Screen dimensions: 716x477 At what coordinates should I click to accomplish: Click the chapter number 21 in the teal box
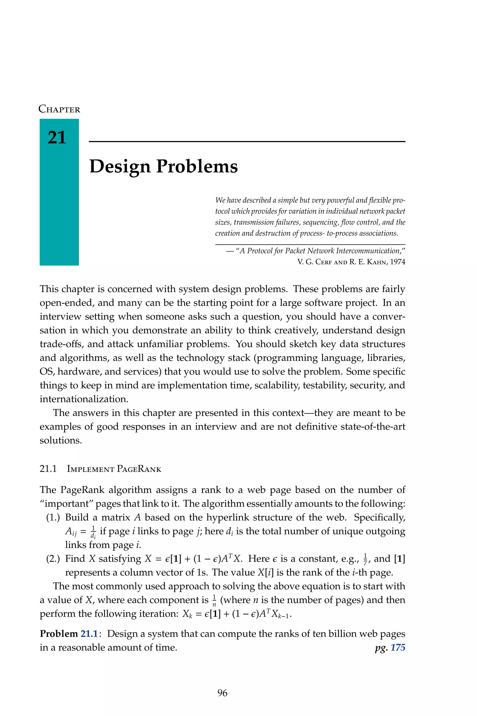click(57, 137)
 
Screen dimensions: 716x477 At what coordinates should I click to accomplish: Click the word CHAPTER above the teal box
click(59, 109)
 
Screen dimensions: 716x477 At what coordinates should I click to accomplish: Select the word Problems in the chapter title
click(197, 166)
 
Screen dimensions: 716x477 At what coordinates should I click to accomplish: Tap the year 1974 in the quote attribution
click(398, 262)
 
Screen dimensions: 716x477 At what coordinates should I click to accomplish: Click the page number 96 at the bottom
click(222, 693)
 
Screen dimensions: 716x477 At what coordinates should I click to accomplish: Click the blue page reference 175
click(398, 647)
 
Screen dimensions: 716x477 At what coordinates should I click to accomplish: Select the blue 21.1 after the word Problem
click(89, 633)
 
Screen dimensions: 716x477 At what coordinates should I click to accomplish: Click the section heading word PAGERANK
click(139, 469)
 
